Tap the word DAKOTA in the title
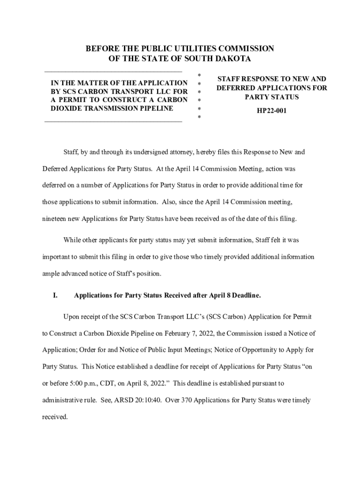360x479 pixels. tap(230, 59)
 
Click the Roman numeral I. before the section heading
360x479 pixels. tap(55, 296)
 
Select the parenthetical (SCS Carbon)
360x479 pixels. tap(223, 317)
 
